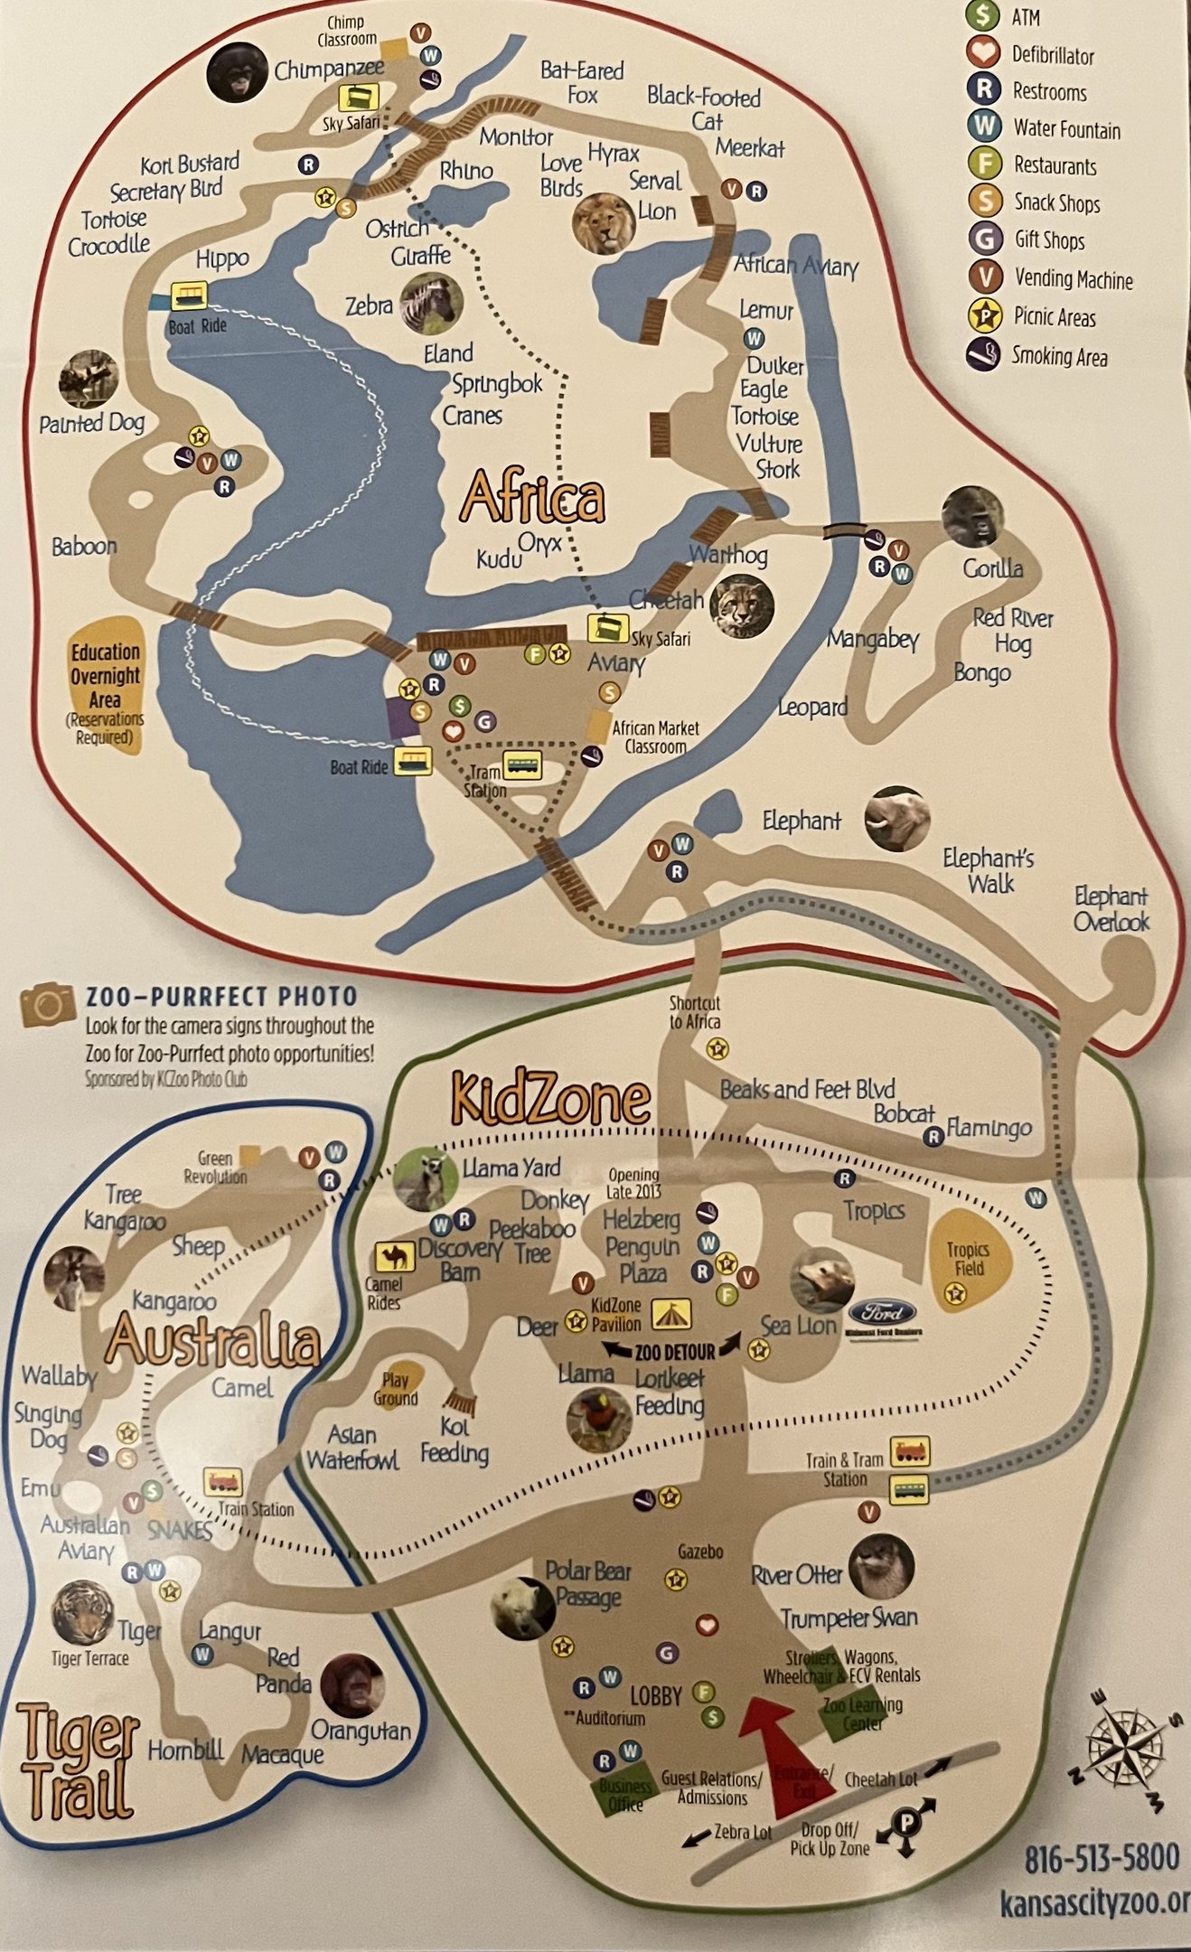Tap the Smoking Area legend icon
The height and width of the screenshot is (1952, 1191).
coord(983,355)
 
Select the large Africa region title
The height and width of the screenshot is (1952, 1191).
coord(532,498)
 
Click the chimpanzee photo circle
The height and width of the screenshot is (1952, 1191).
coord(237,72)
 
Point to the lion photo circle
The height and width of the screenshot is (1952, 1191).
coord(603,222)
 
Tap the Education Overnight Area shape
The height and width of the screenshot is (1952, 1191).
coord(107,685)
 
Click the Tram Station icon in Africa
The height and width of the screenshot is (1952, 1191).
coord(522,765)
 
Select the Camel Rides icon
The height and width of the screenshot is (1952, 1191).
coord(395,1257)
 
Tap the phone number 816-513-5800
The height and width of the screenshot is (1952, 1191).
coord(1102,1859)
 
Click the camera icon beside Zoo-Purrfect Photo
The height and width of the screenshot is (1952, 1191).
coord(48,1005)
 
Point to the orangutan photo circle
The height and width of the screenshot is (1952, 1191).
coord(352,1686)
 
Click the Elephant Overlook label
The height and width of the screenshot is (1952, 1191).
coord(1111,909)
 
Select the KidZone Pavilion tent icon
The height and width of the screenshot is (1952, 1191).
coord(671,1315)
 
